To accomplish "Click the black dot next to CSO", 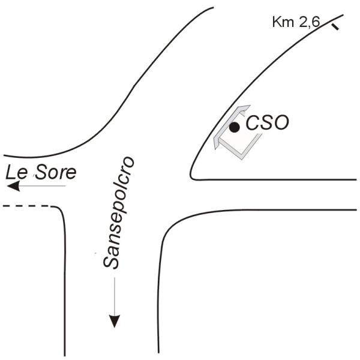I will [235, 127].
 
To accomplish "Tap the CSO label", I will [268, 124].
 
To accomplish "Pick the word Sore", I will [55, 173].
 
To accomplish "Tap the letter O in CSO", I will [281, 124].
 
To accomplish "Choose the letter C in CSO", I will [254, 124].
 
